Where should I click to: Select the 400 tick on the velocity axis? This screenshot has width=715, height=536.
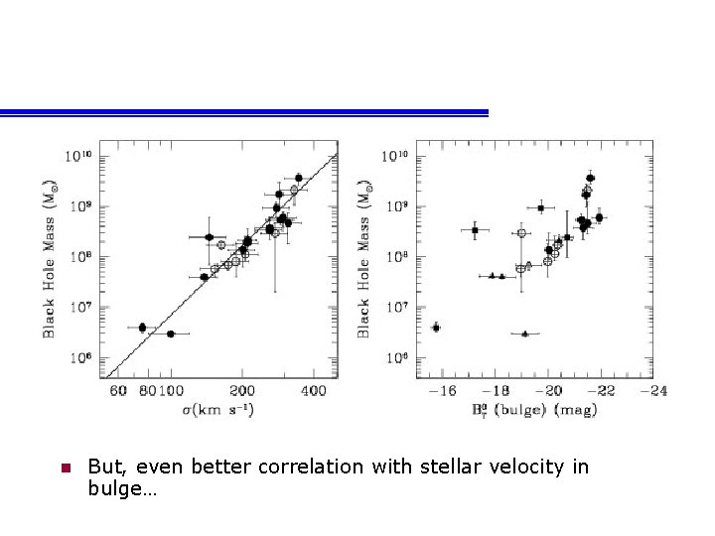(315, 392)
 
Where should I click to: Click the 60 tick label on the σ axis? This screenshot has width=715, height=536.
(118, 392)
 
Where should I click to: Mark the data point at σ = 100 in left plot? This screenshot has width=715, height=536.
(171, 335)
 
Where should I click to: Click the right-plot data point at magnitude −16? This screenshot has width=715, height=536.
(436, 328)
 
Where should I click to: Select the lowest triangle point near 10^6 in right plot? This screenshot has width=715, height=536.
(525, 335)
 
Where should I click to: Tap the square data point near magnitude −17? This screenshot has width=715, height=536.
(475, 230)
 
